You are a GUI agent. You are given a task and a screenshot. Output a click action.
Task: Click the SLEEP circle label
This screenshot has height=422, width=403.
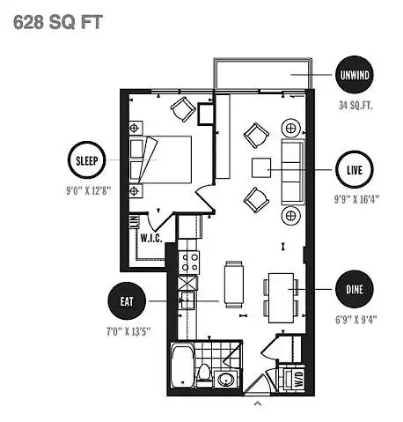86,160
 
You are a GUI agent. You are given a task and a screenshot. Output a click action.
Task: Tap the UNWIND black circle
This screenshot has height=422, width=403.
355,75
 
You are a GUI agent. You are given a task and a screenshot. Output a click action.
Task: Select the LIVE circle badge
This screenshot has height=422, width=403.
355,169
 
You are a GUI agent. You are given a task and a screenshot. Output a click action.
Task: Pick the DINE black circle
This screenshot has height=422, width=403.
355,289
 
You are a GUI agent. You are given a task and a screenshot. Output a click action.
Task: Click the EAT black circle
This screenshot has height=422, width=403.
127,301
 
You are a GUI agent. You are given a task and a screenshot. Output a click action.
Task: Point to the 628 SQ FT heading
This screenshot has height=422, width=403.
58,22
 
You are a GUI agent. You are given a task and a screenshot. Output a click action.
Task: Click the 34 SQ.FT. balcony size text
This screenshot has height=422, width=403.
355,105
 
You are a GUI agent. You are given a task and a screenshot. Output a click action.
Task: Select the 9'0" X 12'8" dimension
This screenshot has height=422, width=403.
88,191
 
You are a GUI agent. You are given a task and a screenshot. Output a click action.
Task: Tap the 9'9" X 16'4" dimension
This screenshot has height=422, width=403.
356,199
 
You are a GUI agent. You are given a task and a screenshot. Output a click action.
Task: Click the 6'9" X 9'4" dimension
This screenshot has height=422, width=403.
356,319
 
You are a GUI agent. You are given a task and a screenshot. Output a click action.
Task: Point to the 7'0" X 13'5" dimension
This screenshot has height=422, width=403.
128,331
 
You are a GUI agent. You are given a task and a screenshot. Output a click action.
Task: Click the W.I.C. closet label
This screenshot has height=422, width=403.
151,238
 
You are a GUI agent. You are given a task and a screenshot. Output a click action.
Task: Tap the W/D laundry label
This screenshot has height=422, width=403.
298,379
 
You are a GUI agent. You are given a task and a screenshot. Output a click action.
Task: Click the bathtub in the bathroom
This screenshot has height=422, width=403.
182,366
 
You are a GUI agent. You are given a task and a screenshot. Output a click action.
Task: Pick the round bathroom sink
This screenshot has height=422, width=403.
226,379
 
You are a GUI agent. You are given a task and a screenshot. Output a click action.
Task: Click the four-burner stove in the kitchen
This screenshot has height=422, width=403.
189,263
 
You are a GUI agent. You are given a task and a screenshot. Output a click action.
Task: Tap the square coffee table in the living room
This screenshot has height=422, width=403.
261,167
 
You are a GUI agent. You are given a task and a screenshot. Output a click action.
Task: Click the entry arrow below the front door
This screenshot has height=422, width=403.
258,403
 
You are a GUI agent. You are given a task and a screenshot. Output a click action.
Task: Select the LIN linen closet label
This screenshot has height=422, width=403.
135,222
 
